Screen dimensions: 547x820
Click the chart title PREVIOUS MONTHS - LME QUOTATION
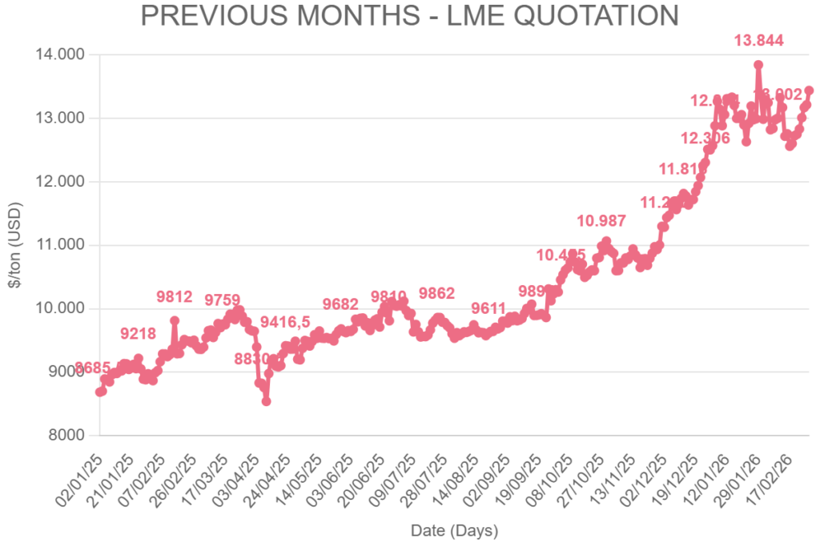coord(409,16)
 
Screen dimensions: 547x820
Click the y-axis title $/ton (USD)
coord(16,244)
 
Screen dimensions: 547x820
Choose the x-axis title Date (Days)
coord(454,530)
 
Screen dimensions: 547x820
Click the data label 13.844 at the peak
coord(758,40)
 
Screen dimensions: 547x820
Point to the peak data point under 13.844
coord(758,65)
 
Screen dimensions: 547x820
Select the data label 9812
coord(175,297)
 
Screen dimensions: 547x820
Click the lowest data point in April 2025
coord(266,400)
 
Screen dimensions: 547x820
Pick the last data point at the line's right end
coord(809,90)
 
